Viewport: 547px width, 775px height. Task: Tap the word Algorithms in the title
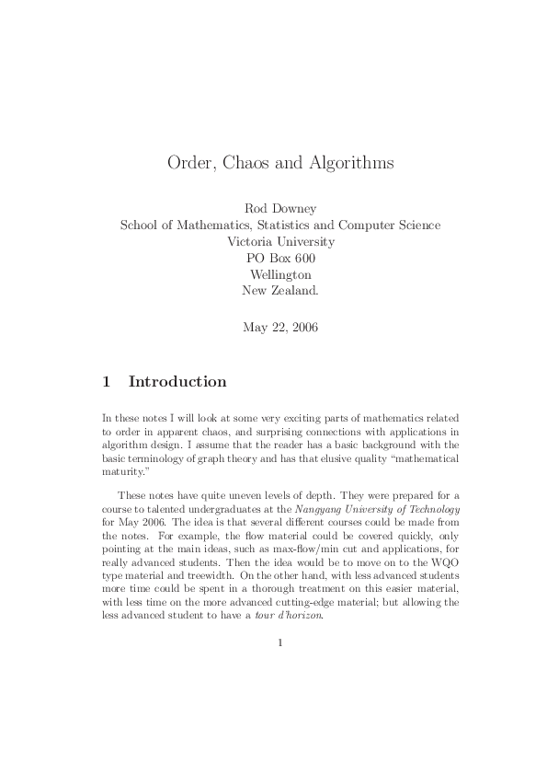(349, 163)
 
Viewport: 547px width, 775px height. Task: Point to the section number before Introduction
(107, 381)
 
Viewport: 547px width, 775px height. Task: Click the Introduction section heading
(177, 381)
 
